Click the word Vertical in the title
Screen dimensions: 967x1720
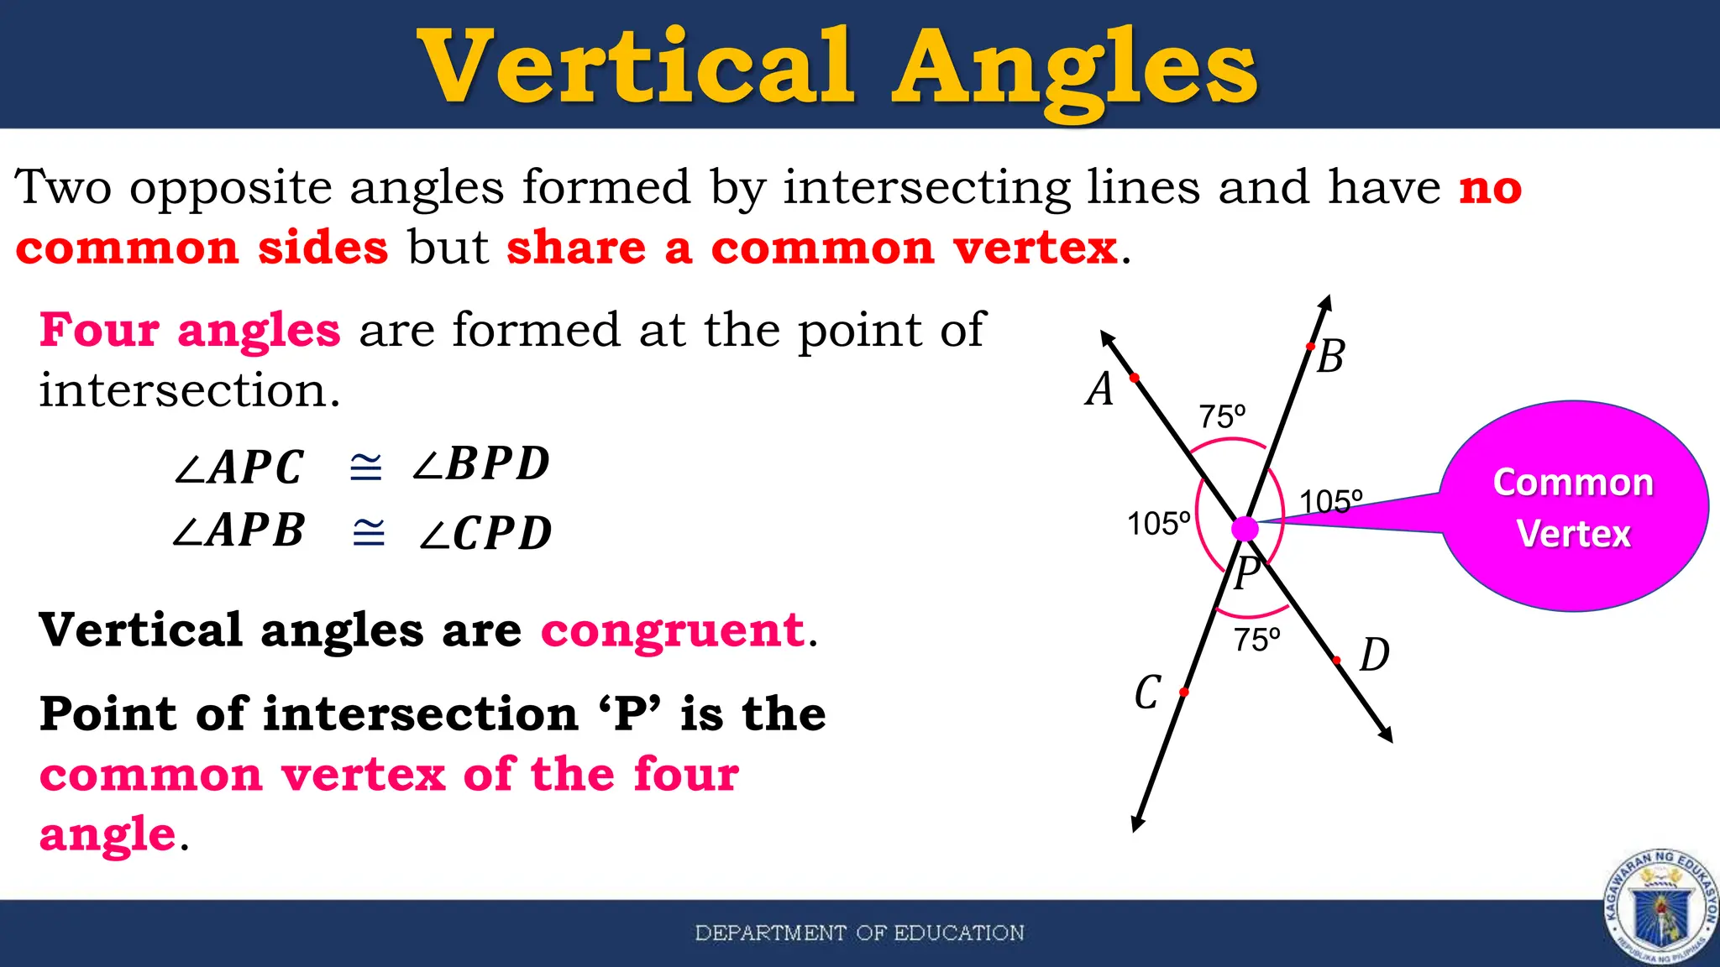point(636,67)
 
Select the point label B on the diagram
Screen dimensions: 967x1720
point(1330,357)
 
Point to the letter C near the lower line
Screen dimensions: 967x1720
point(1147,693)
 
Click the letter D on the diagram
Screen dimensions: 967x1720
point(1374,655)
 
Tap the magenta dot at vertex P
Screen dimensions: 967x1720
point(1245,529)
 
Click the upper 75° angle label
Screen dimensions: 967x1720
point(1222,416)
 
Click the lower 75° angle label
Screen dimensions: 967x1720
point(1256,640)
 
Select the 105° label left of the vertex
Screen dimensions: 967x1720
point(1158,524)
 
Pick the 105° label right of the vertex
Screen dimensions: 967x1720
point(1330,502)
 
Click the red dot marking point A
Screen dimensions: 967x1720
point(1135,379)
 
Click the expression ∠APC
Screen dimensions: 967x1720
point(239,468)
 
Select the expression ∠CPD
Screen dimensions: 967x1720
point(485,534)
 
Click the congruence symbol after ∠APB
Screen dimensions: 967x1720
point(369,532)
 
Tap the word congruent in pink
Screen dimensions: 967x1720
point(673,630)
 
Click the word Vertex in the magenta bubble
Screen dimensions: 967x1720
point(1573,534)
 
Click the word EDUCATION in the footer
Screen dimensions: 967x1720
point(958,933)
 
